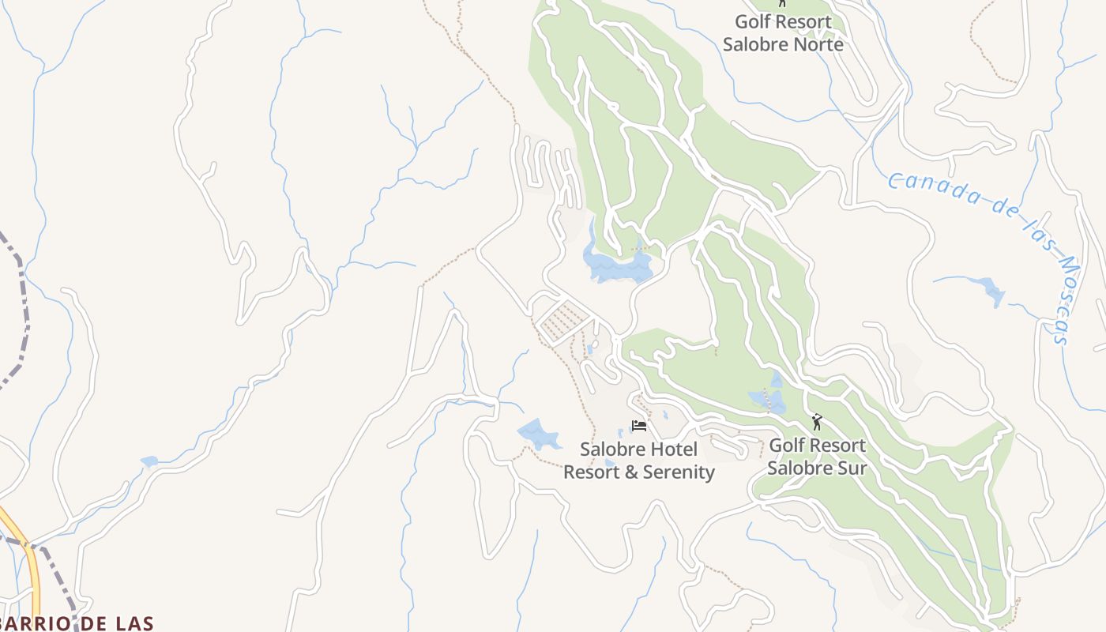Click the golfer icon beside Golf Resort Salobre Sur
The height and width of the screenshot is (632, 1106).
click(x=817, y=422)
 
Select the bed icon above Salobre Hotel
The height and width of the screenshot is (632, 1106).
click(x=639, y=426)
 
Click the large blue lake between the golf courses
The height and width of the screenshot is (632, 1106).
click(x=616, y=265)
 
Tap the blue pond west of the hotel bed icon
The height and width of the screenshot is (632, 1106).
click(x=537, y=433)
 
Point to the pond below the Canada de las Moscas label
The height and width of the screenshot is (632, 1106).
click(x=987, y=288)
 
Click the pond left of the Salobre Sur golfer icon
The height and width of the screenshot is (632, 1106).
click(x=767, y=401)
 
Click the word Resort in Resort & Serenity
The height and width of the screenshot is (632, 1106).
click(x=590, y=472)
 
